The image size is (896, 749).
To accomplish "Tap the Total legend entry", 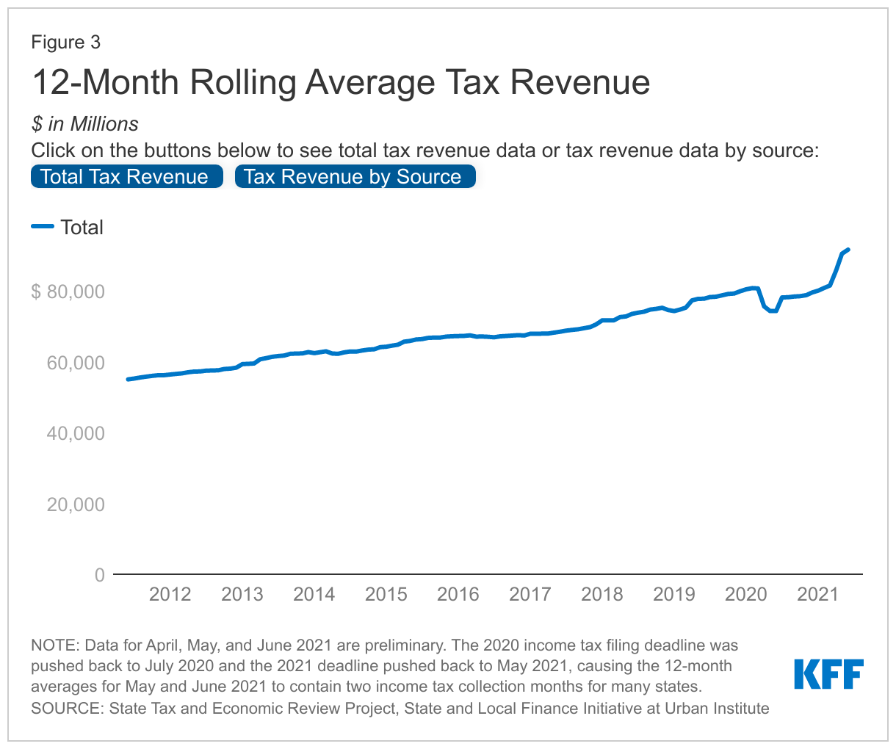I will pyautogui.click(x=82, y=228).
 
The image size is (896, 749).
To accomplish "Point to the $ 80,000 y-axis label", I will pyautogui.click(x=68, y=292).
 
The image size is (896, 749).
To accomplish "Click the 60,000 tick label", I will pyautogui.click(x=75, y=363).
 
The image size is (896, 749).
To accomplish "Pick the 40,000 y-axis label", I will pyautogui.click(x=75, y=433).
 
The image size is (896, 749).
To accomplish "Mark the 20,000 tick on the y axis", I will pyautogui.click(x=75, y=504).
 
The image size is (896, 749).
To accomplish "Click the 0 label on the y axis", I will pyautogui.click(x=99, y=575).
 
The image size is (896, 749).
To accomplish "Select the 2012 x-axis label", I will pyautogui.click(x=170, y=594).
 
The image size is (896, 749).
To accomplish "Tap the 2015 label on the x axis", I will pyautogui.click(x=386, y=594).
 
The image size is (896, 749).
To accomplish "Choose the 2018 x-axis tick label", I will pyautogui.click(x=601, y=594).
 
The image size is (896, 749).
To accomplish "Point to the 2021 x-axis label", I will pyautogui.click(x=817, y=594).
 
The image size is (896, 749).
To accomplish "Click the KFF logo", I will pyautogui.click(x=828, y=674).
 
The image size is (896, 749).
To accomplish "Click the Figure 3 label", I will pyautogui.click(x=65, y=43).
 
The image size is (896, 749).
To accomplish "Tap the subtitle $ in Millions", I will pyautogui.click(x=84, y=123).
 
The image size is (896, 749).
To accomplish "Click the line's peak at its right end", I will pyautogui.click(x=848, y=250).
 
